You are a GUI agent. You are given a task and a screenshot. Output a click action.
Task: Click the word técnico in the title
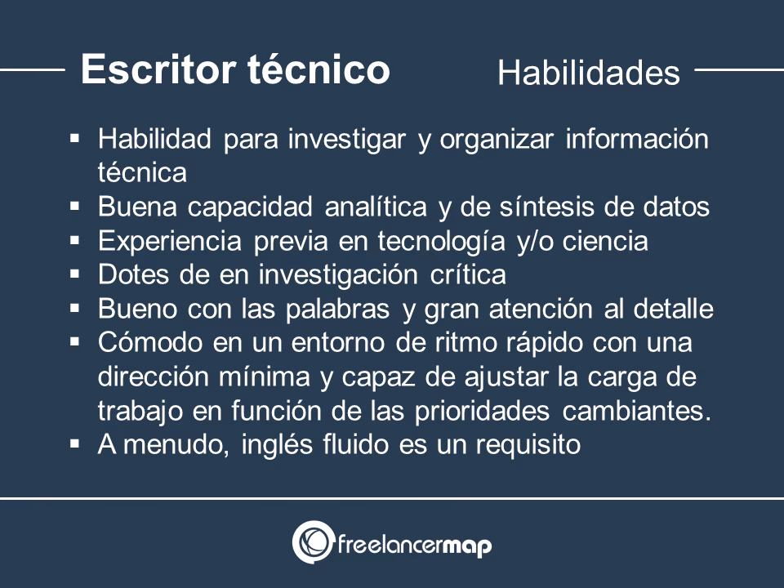coord(318,69)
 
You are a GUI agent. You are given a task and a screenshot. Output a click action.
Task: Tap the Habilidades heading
coord(588,73)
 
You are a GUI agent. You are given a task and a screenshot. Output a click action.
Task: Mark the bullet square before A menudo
coord(75,444)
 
